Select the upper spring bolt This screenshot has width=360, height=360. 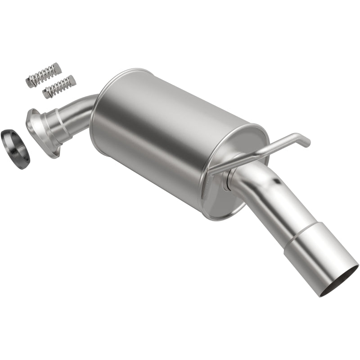[x=43, y=75]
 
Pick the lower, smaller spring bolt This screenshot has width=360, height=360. [x=59, y=87]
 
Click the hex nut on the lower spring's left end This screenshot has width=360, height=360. [x=46, y=94]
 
